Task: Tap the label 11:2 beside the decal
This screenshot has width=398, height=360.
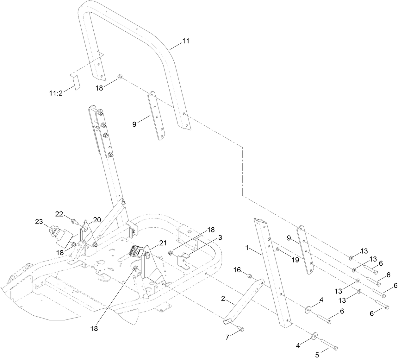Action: [56, 93]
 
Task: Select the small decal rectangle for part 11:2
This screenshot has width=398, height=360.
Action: [76, 83]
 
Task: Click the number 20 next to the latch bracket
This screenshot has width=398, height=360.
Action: [97, 219]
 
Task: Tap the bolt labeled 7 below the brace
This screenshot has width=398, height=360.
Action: [241, 329]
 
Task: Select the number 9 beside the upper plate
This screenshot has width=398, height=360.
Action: [134, 124]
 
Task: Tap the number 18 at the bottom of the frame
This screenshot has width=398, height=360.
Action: [94, 328]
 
